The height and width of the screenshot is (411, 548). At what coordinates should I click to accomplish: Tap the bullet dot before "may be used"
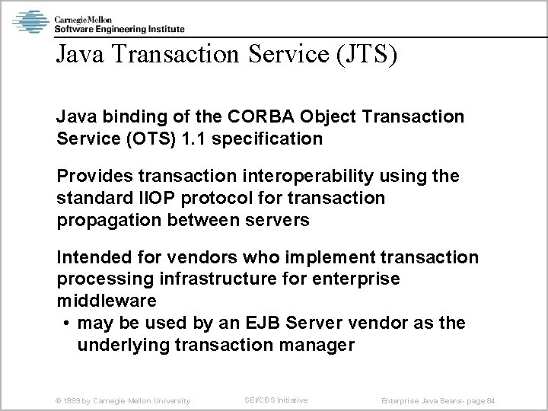tap(68, 323)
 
